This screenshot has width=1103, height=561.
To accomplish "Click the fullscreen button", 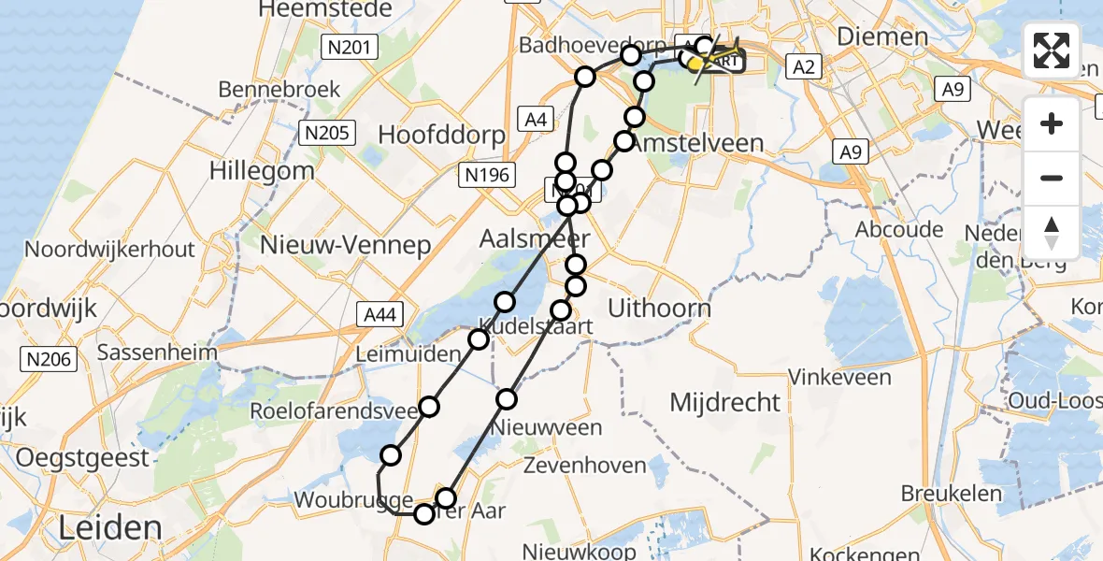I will click(1052, 50).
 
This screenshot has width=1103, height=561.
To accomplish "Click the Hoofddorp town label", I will click(441, 135).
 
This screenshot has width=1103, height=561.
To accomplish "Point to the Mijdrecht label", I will click(725, 403).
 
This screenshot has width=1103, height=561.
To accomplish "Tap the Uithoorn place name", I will click(659, 308).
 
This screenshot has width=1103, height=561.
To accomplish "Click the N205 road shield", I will click(328, 133).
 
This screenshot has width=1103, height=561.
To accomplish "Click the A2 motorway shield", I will click(807, 65).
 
